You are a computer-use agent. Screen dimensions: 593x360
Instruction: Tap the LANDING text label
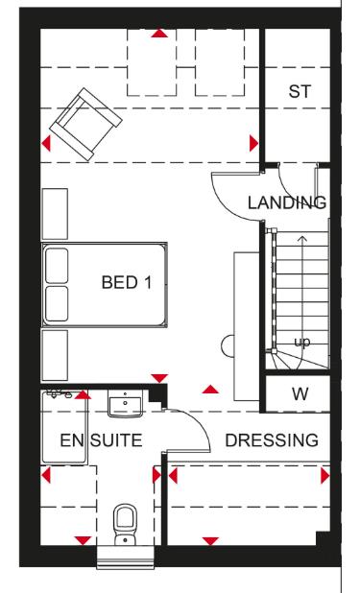pos(287,202)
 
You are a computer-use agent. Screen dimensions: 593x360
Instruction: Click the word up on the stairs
pos(300,343)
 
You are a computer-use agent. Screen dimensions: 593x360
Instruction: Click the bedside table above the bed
pos(56,213)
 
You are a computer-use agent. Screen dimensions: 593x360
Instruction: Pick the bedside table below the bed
pos(56,355)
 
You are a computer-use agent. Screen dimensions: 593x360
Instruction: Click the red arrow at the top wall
pos(159,34)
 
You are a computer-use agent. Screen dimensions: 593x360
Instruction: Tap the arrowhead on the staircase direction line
pos(302,238)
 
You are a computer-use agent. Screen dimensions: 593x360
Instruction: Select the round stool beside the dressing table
pos(228,344)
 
